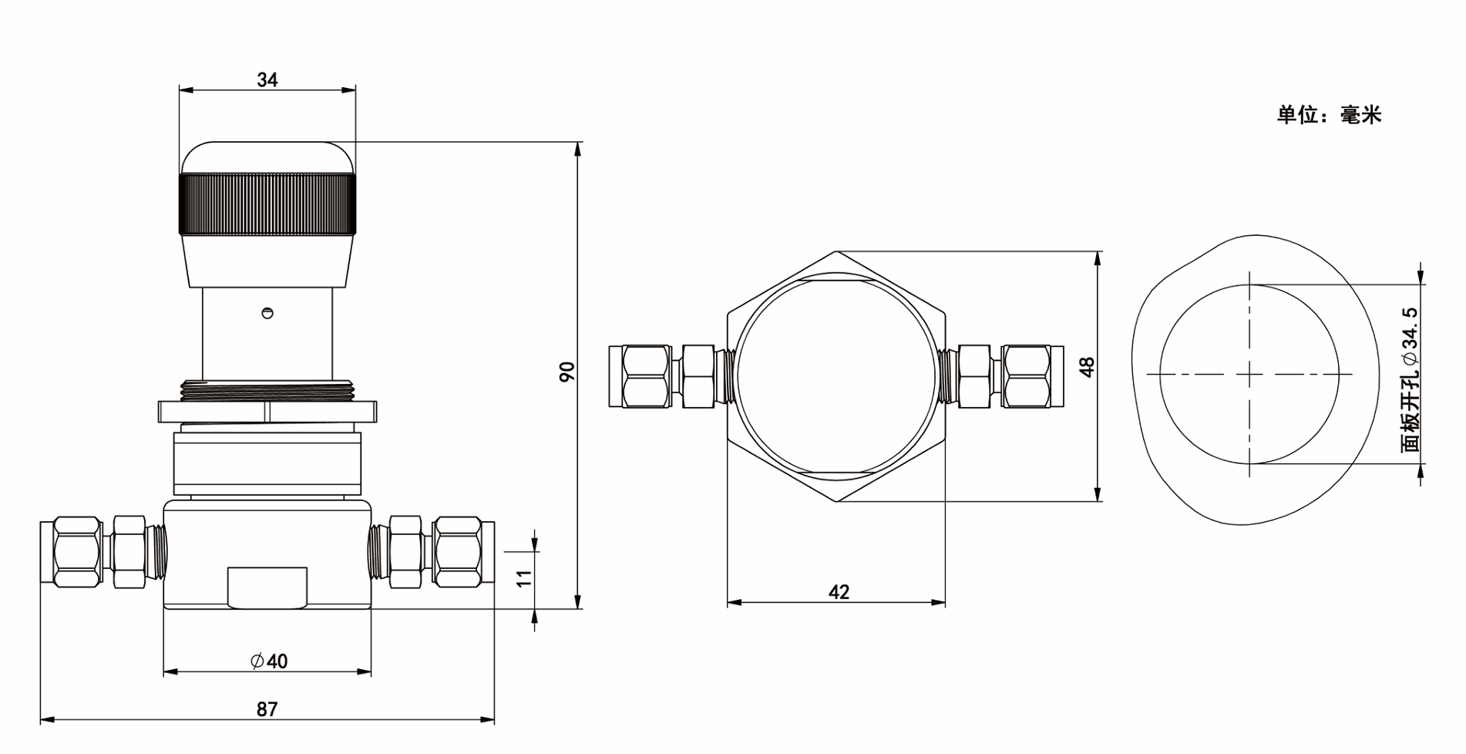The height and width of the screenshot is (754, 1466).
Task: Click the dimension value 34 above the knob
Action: point(267,79)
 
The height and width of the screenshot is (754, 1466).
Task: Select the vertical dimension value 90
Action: point(567,372)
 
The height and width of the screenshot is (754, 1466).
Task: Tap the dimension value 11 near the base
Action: point(524,578)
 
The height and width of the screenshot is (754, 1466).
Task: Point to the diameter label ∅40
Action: point(269,661)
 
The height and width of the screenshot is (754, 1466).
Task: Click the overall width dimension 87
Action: point(267,709)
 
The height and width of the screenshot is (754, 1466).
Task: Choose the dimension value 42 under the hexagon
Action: point(839,592)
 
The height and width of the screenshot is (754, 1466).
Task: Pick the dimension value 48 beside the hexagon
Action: point(1087,367)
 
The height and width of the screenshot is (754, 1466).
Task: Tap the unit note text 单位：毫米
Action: point(1329,115)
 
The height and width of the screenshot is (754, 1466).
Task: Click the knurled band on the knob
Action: point(267,204)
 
